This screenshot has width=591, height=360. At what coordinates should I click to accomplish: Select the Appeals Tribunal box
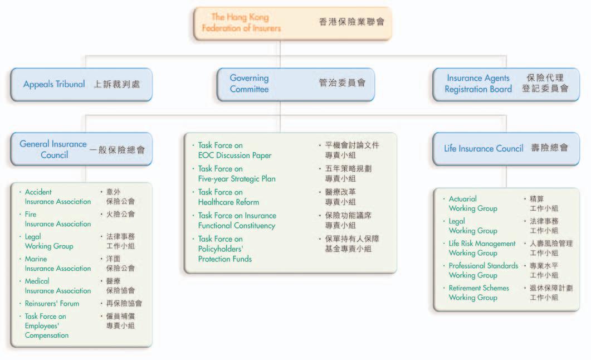(81, 85)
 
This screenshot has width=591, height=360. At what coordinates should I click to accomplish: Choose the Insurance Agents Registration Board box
(506, 84)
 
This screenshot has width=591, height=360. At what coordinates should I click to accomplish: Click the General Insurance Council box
(81, 149)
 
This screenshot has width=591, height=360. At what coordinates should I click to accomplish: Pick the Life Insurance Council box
(506, 148)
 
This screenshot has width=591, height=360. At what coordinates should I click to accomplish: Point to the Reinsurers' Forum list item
(52, 304)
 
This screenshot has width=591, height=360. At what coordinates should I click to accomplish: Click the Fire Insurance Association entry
(57, 219)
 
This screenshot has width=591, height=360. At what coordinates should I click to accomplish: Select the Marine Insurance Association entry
(57, 264)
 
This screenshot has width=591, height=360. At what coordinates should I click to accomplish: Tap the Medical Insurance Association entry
(57, 286)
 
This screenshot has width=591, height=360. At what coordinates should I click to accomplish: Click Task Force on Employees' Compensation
(47, 325)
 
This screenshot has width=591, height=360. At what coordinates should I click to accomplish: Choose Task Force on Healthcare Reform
(228, 197)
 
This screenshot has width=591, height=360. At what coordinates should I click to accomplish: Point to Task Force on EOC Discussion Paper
(235, 150)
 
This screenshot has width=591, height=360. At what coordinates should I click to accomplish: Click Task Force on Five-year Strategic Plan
(237, 173)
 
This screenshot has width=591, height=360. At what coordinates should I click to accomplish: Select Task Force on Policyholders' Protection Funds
(225, 249)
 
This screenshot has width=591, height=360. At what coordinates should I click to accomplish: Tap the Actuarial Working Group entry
(473, 203)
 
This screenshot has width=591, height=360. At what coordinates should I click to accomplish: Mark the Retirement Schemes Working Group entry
(478, 293)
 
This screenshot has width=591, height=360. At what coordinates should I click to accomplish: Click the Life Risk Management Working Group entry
(482, 248)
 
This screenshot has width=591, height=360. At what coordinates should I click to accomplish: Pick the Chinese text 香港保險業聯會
(351, 23)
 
